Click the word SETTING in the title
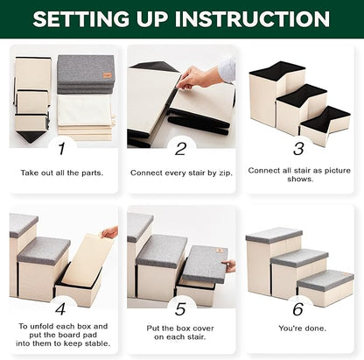[x=80, y=19]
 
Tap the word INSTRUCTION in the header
[x=252, y=19]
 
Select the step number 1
[x=61, y=149]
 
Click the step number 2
[x=180, y=149]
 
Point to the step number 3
[x=298, y=149]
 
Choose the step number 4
[x=60, y=308]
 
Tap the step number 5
[x=180, y=309]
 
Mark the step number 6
[x=298, y=309]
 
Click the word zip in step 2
[x=225, y=173]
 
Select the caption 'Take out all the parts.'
[x=62, y=173]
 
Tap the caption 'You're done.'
[x=302, y=328]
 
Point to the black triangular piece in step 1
[x=31, y=136]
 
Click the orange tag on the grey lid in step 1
[x=107, y=75]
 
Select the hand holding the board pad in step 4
[x=109, y=232]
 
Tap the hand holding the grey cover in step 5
[x=231, y=266]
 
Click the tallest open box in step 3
[x=276, y=94]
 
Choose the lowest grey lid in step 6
[x=325, y=281]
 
